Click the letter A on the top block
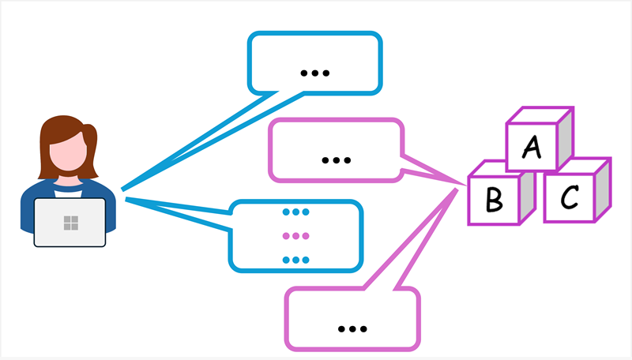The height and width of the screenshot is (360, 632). (x=532, y=148)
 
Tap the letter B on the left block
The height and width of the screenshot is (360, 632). (x=494, y=200)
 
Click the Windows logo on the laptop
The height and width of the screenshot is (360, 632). (x=70, y=223)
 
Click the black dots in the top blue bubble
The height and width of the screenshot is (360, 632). (x=315, y=73)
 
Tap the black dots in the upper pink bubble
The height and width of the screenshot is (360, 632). (x=336, y=159)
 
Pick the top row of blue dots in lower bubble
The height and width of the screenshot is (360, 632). (x=295, y=212)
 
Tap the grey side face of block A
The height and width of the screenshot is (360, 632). (x=564, y=138)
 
